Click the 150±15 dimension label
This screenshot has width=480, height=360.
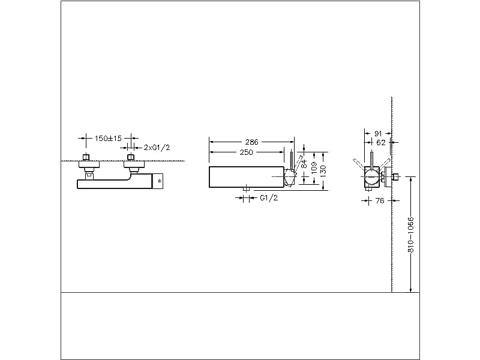(108, 139)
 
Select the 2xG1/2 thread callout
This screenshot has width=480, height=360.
(157, 148)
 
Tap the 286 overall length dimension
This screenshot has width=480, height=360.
(251, 142)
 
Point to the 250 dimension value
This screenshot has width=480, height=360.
(245, 152)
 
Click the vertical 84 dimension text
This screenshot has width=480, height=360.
(304, 163)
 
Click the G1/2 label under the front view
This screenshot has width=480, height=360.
(269, 198)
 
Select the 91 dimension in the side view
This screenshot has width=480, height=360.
(379, 133)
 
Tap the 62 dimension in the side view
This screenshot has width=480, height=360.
(380, 143)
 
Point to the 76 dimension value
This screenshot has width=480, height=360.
(379, 201)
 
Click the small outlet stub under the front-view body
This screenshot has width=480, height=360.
(246, 190)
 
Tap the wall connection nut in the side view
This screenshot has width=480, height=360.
(396, 178)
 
